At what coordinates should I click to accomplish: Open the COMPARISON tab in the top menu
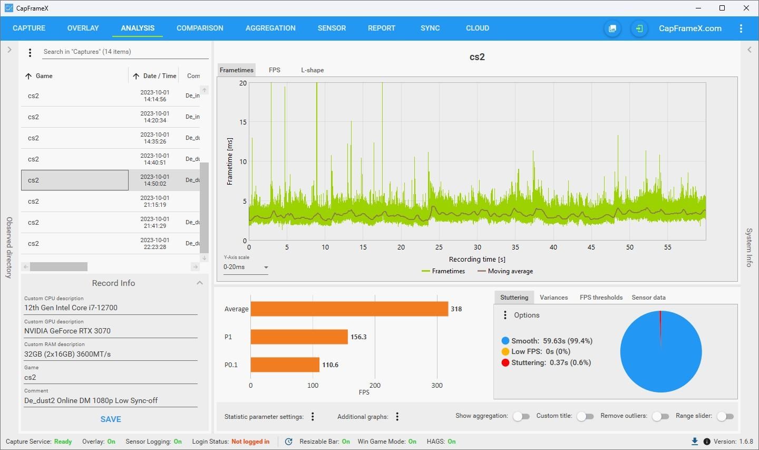click(x=200, y=28)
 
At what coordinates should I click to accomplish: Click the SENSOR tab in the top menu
click(x=332, y=28)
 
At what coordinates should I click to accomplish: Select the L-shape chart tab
click(x=313, y=70)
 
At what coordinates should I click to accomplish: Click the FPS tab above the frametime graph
click(x=275, y=70)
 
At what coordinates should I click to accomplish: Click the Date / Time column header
click(x=160, y=76)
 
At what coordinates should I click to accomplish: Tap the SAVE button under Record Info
click(x=111, y=419)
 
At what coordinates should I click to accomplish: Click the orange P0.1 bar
click(x=285, y=365)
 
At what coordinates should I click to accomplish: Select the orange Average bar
click(x=349, y=309)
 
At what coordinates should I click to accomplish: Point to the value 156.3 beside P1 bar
click(x=358, y=337)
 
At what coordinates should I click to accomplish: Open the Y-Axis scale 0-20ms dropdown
click(x=246, y=267)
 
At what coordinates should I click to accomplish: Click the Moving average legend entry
click(x=505, y=271)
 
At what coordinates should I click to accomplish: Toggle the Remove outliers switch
click(x=660, y=416)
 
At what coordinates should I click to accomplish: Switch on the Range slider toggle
click(x=725, y=416)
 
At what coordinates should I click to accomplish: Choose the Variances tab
click(x=553, y=298)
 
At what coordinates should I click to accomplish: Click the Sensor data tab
click(x=648, y=298)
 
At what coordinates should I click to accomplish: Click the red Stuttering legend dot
click(x=505, y=362)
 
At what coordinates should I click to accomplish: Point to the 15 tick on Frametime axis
click(x=243, y=122)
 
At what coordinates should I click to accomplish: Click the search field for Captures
click(x=125, y=52)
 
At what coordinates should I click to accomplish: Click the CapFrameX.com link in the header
click(x=690, y=28)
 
